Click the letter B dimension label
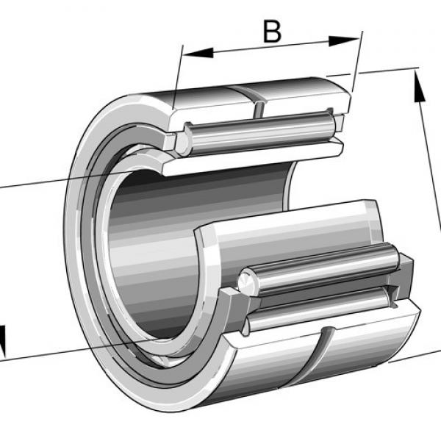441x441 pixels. pos(272,32)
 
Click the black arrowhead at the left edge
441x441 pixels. pos(2,340)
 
